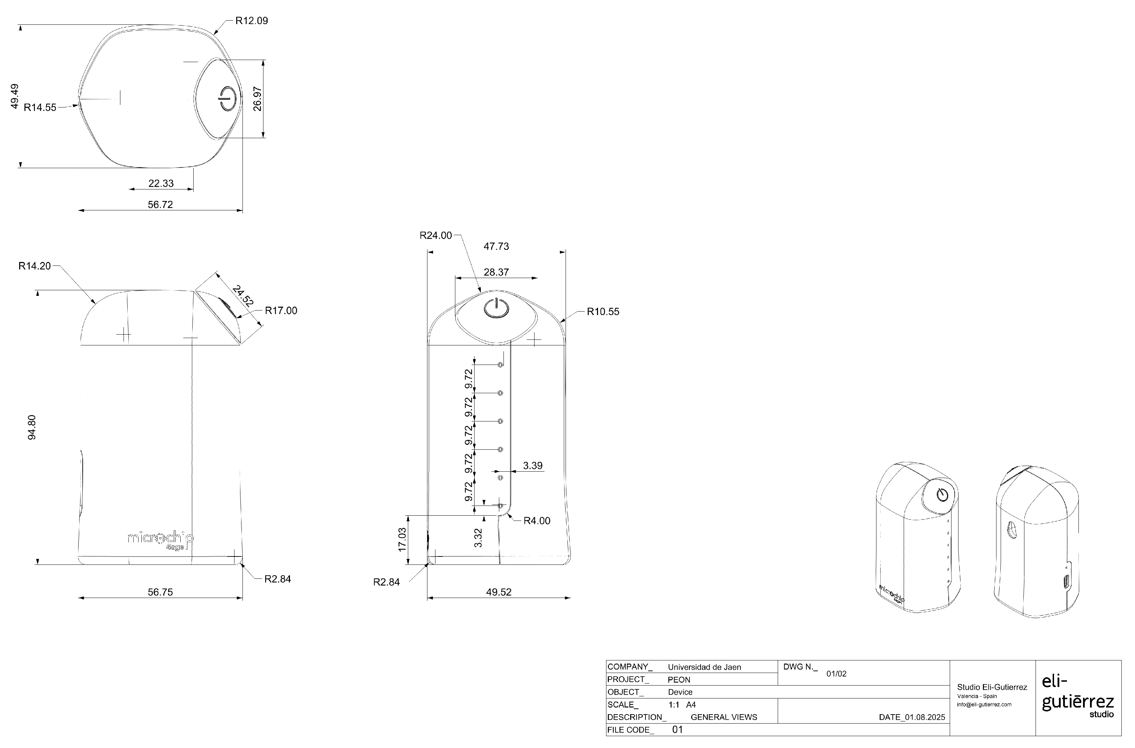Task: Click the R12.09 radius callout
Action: point(252,21)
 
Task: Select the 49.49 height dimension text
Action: point(14,96)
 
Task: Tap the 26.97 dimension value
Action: point(257,99)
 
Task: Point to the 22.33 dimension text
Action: point(161,183)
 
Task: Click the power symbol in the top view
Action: point(227,98)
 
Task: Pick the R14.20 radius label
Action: point(34,266)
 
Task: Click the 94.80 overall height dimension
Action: point(31,427)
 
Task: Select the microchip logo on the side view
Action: point(160,539)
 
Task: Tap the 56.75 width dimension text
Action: point(160,592)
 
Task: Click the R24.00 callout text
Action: point(435,235)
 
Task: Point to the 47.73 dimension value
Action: point(496,246)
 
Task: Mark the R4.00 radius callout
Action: point(537,521)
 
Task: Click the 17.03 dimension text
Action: point(402,539)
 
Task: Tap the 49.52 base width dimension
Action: point(499,592)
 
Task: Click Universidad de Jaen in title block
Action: point(704,667)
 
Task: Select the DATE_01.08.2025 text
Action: point(911,717)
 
